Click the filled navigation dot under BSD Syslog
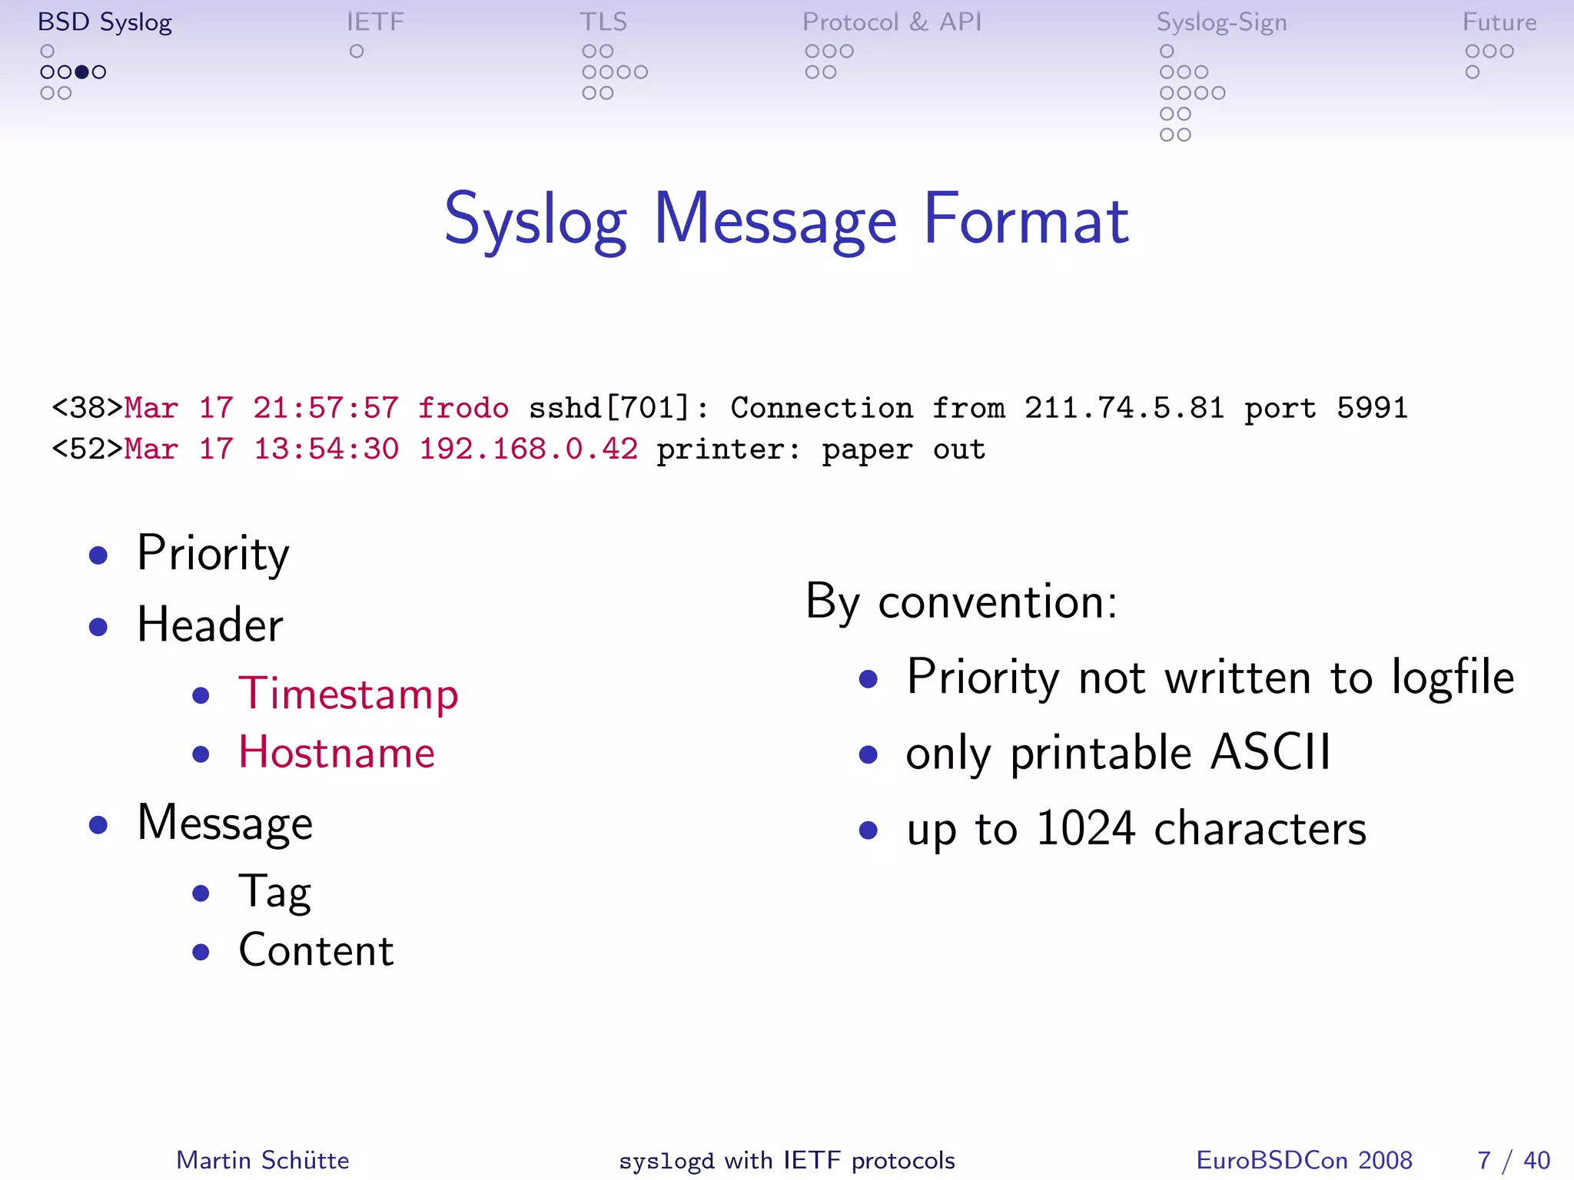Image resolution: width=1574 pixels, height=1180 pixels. (81, 72)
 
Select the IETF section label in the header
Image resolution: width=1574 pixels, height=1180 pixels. (375, 22)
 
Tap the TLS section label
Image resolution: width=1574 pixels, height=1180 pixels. (603, 22)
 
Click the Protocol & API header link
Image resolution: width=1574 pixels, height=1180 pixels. (892, 22)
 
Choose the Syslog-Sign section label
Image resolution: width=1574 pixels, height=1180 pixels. (1221, 23)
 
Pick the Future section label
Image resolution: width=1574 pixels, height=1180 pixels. (1499, 22)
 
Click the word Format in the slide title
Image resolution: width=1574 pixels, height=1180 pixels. (1026, 220)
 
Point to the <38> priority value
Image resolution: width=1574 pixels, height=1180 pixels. (87, 408)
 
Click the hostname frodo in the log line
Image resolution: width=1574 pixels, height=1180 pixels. (463, 408)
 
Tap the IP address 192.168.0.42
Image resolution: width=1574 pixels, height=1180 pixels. (528, 449)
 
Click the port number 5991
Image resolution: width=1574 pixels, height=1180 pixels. (1372, 408)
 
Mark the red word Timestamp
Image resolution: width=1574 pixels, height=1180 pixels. (348, 694)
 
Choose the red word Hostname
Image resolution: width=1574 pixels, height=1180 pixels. (337, 753)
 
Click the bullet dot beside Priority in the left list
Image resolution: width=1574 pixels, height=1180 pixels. (98, 555)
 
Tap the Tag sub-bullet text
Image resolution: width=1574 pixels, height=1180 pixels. (274, 893)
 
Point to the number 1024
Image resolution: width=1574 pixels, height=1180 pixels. (1085, 829)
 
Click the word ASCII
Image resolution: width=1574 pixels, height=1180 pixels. (1270, 753)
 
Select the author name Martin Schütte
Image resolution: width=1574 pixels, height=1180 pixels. (262, 1160)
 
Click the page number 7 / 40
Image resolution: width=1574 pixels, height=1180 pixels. (1513, 1160)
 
